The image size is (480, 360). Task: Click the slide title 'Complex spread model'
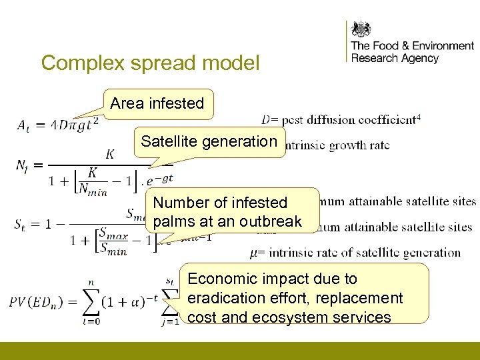pos(150,63)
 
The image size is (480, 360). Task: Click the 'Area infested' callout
pos(157,103)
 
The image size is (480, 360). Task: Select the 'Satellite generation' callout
pos(209,141)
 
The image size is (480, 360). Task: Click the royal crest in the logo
pos(361,29)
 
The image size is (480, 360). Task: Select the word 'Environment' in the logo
pos(443,46)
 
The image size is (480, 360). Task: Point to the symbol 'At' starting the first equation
pos(23,124)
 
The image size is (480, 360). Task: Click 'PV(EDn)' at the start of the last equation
pos(37,301)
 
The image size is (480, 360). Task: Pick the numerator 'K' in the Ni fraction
pos(110,155)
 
